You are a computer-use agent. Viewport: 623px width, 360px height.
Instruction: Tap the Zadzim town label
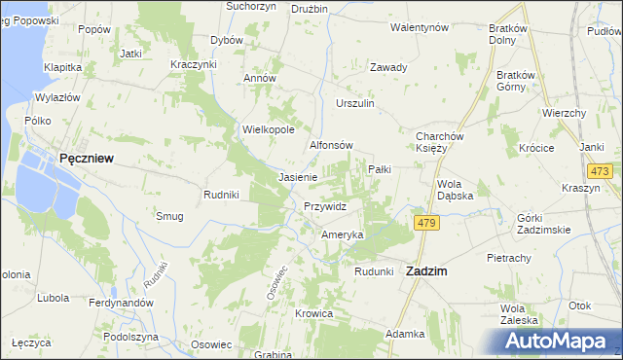425,272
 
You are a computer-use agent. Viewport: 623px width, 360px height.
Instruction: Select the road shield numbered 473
600,172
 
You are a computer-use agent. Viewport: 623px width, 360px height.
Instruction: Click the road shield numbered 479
426,224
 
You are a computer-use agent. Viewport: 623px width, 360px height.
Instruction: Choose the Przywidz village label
325,206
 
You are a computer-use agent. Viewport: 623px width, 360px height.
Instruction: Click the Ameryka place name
342,235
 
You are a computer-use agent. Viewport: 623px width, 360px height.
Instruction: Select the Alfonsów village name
330,145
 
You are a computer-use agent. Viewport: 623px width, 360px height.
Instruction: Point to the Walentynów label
418,27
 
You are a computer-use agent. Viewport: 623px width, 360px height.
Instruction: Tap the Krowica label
315,314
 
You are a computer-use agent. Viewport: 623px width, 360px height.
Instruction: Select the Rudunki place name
373,271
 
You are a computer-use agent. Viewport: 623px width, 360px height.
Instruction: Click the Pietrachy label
509,258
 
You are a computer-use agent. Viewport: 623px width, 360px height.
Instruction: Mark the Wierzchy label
564,113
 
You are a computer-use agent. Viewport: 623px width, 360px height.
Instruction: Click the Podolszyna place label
130,336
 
